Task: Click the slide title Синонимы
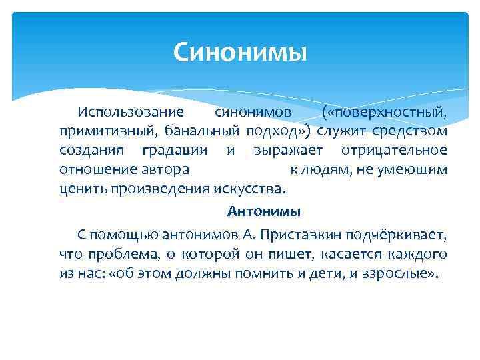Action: [x=240, y=51]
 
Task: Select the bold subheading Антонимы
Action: [x=264, y=212]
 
